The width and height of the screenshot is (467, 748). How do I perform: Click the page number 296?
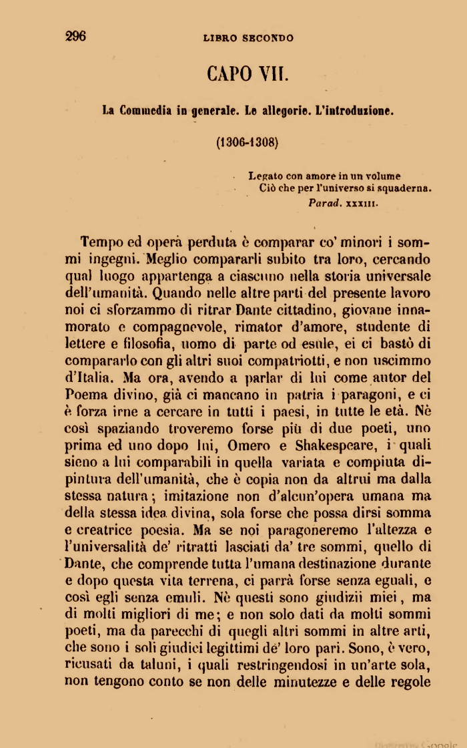tap(76, 37)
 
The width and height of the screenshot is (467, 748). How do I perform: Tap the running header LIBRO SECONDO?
tap(248, 38)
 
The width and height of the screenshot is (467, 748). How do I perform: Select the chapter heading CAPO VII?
tap(248, 73)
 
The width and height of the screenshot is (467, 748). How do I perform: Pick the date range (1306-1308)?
tap(247, 142)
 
